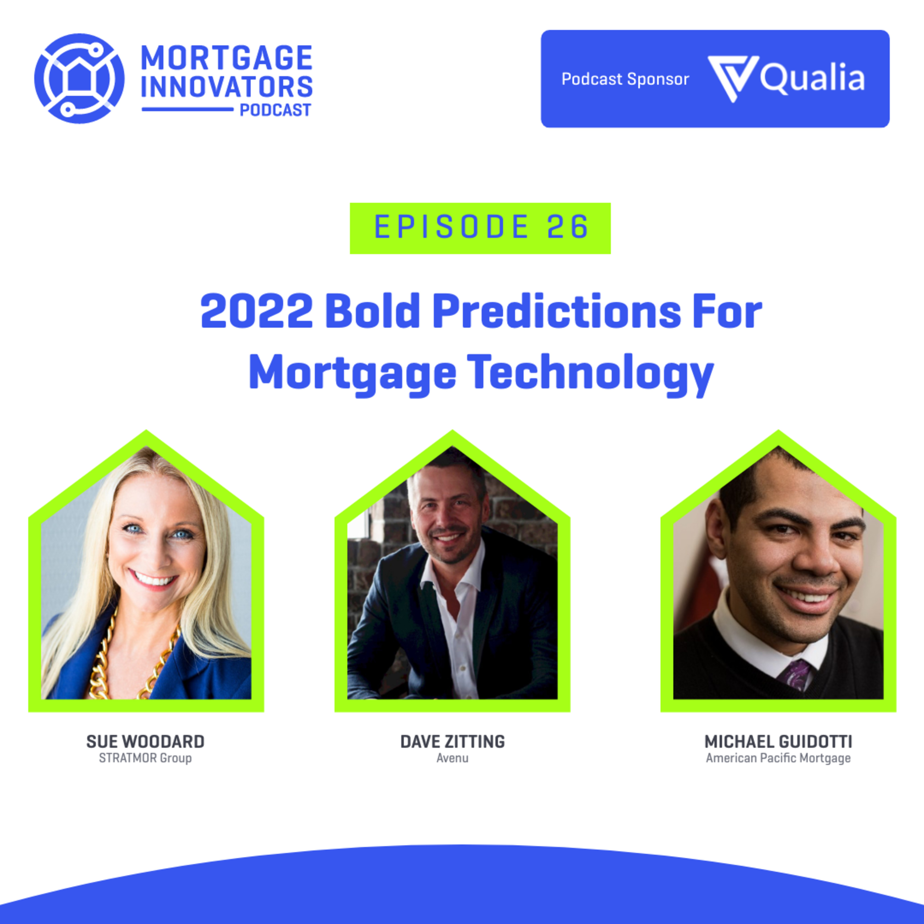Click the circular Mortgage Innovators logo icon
click(79, 79)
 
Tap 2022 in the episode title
click(257, 311)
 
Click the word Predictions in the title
click(557, 311)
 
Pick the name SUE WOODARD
click(145, 742)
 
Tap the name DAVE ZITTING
click(452, 742)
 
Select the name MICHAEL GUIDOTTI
click(778, 742)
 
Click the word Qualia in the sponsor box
click(813, 78)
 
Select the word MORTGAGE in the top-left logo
click(227, 58)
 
